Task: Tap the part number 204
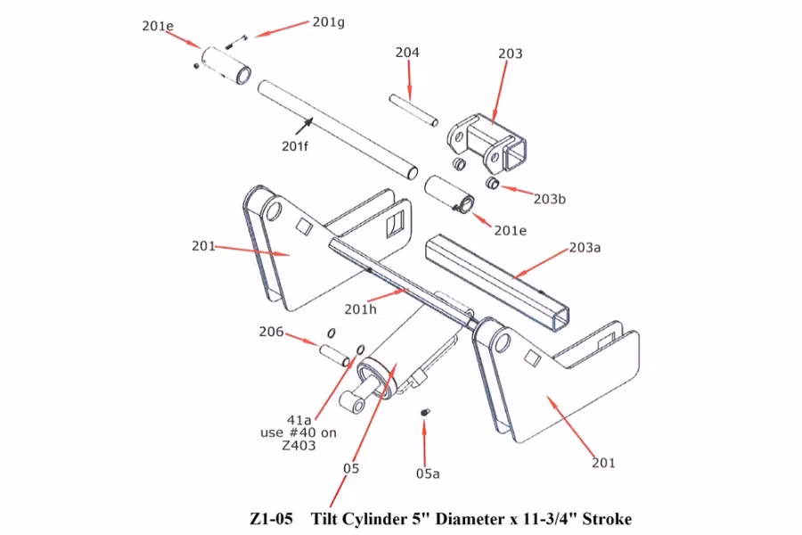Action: pos(407,53)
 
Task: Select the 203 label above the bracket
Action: pos(510,54)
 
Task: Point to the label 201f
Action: pos(294,146)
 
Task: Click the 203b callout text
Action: pos(549,198)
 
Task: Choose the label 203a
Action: pos(585,247)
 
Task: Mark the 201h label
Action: pos(361,309)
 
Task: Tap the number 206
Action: pos(271,333)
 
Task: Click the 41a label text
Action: pos(299,420)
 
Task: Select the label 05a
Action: pos(428,473)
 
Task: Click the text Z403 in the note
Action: pos(299,447)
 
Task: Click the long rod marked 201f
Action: pos(339,129)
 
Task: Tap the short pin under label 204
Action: pos(413,108)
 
